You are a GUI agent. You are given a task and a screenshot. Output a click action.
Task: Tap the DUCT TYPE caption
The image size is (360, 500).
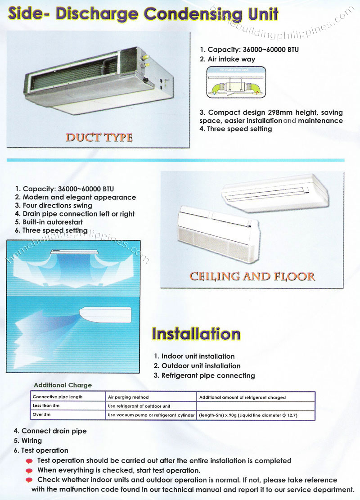click(x=99, y=137)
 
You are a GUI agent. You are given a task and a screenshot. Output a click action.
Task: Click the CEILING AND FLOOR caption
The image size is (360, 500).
click(x=252, y=275)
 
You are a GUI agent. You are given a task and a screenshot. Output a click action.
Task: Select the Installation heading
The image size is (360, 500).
click(x=196, y=334)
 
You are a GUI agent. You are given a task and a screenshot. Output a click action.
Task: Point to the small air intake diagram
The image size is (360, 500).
click(x=236, y=82)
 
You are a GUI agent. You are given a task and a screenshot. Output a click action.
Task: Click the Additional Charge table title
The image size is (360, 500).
click(x=63, y=385)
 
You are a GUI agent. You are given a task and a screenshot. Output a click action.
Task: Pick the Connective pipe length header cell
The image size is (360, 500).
click(x=58, y=397)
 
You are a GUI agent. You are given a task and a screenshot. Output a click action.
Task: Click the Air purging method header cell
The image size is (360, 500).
click(x=128, y=397)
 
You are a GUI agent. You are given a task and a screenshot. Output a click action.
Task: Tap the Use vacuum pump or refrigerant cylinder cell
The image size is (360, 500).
click(x=152, y=415)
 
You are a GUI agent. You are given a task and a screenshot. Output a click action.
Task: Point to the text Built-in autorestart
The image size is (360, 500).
click(x=53, y=222)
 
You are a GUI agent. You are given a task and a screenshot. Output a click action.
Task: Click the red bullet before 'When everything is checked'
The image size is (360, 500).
click(x=30, y=471)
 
